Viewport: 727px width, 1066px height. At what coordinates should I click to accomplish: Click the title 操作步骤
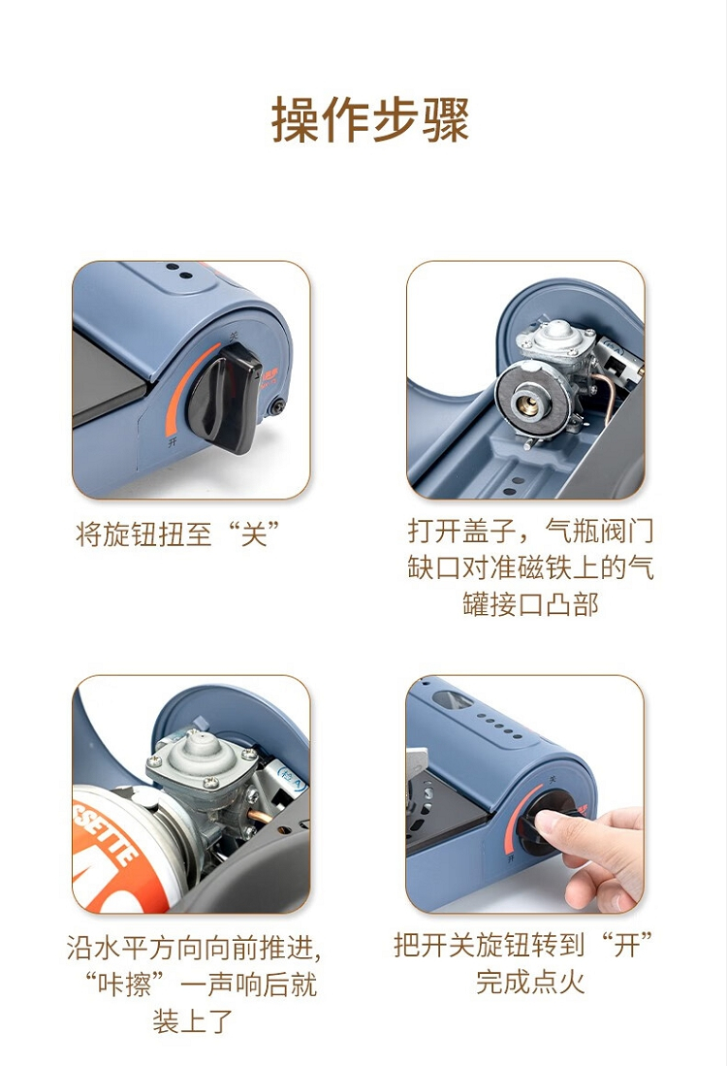(x=370, y=119)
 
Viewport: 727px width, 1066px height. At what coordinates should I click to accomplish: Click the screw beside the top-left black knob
(x=276, y=407)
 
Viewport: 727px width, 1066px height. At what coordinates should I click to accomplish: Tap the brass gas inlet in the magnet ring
(x=528, y=404)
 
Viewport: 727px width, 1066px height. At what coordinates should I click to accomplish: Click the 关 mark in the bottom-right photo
(x=552, y=778)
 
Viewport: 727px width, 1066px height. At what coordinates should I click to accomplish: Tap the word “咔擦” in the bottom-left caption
(x=126, y=983)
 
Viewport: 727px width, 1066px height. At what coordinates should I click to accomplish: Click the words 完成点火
(x=530, y=982)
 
